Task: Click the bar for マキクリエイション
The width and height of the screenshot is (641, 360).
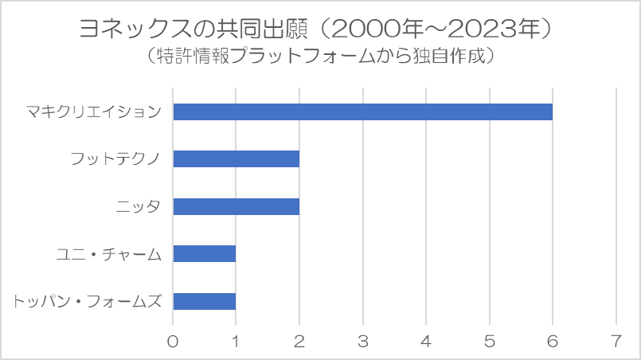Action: pos(362,112)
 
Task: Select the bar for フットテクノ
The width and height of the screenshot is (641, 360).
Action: pos(236,158)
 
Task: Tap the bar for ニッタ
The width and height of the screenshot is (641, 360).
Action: pos(236,206)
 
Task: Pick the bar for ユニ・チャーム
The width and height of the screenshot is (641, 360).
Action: pos(205,253)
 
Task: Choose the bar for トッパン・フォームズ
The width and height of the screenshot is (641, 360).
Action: pos(205,301)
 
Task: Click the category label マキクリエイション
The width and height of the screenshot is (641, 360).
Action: pos(94,112)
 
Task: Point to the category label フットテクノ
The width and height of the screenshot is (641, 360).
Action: pos(115,158)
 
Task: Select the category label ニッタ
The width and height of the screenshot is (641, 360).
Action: pos(139,206)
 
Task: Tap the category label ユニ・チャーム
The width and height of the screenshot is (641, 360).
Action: pos(109,254)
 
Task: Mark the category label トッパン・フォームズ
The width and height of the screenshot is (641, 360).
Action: pos(87,302)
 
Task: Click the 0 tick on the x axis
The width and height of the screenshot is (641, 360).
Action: pos(173,341)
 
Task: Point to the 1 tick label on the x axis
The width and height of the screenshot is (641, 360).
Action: pos(236,341)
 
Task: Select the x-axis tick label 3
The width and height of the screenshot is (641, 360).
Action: pos(363,341)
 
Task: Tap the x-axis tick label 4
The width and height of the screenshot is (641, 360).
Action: pos(426,341)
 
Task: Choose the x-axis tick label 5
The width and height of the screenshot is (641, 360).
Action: pos(490,341)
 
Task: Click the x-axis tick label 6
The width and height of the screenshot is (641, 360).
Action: pos(553,341)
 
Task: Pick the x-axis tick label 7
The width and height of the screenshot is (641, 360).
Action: pos(616,341)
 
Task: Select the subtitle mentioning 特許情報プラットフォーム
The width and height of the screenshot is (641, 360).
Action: pos(320,56)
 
